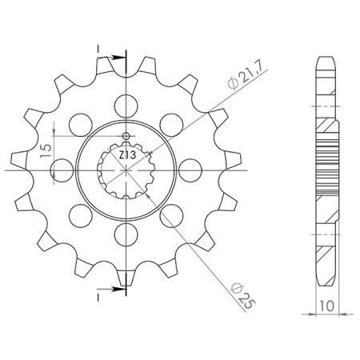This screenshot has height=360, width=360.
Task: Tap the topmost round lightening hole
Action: click(126, 102)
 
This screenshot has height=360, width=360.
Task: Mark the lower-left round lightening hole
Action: click(80, 215)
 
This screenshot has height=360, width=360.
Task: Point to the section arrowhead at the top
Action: click(121, 58)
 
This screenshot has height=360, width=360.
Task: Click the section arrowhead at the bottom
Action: click(121, 280)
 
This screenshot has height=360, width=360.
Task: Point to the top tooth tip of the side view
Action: click(327, 59)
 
